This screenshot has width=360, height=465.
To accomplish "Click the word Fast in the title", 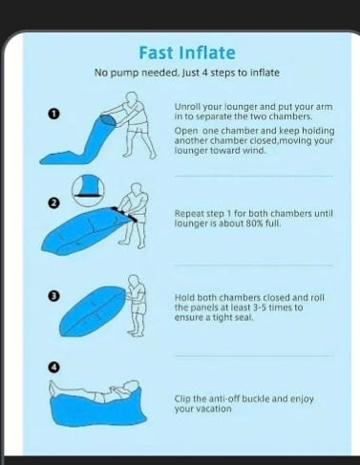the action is [156, 53].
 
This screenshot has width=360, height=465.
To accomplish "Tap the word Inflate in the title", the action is [207, 53].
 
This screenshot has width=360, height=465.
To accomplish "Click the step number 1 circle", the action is [54, 114].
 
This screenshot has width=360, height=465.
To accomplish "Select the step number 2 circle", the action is [54, 202].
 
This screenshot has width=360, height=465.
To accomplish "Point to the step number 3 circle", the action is [54, 296].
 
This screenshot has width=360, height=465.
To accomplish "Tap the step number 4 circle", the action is [54, 368].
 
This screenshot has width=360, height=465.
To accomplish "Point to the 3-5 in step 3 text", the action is [262, 307].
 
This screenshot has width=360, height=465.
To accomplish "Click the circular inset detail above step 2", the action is [88, 190].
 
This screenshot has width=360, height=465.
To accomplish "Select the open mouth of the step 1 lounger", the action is [107, 121].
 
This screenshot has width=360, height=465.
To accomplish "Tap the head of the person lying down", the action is [131, 388].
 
